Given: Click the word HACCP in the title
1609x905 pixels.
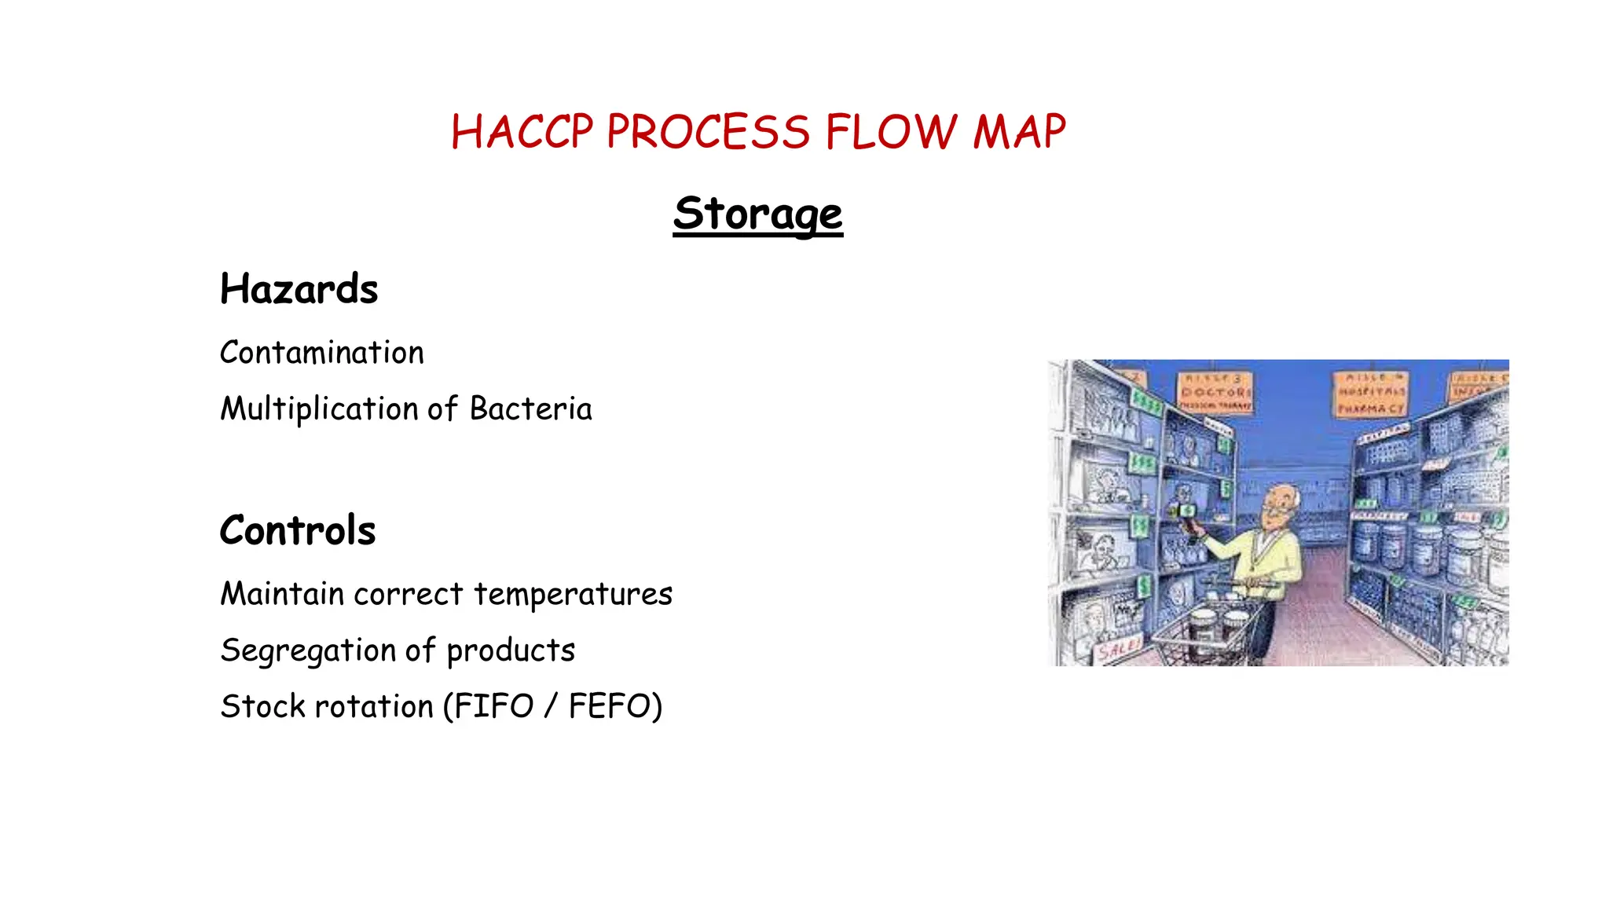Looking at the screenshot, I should (522, 132).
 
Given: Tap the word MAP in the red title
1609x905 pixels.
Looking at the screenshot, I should (1019, 132).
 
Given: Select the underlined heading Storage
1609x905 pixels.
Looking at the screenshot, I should (757, 214).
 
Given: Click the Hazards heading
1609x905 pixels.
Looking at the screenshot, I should (299, 289).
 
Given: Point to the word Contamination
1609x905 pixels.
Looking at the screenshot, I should (321, 353).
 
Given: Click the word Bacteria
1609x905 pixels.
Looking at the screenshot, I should (530, 409).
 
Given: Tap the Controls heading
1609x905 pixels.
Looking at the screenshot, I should (298, 530).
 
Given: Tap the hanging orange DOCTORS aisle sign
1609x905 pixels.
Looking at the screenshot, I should (1215, 391).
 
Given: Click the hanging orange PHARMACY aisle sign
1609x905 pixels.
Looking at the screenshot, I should (1371, 394).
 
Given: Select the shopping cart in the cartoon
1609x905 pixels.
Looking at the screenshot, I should (1206, 628).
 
